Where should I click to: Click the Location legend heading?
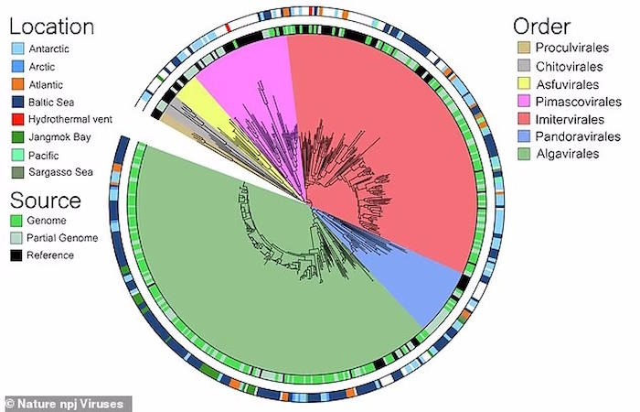coord(52,27)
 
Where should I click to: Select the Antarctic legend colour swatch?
coord(17,49)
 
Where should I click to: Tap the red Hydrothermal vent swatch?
coord(17,119)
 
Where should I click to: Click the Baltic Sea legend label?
coord(51,102)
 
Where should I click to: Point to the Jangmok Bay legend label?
coord(59,137)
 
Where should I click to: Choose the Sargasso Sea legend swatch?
coord(17,172)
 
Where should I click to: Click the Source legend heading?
coord(46,201)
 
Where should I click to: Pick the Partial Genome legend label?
coord(62,238)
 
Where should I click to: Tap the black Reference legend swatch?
coord(16,255)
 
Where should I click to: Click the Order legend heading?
coord(541,27)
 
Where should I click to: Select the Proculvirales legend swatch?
coord(524,48)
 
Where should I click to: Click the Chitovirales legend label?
coord(569,66)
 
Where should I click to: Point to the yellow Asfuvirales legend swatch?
coord(524,84)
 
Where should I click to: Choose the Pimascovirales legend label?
coord(579,102)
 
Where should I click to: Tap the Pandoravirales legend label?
coord(578,136)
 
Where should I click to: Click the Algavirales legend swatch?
coord(524,154)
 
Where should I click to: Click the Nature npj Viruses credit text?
coord(65,404)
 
